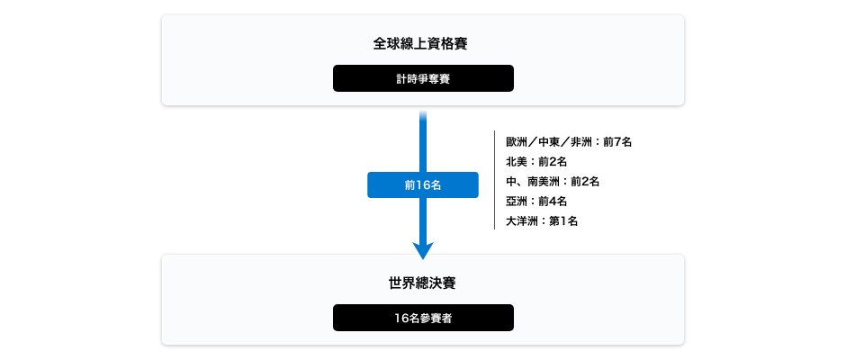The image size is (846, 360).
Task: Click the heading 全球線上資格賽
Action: (x=422, y=43)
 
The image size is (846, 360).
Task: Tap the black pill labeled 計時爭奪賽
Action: (x=423, y=78)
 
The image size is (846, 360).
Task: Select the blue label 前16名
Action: (x=423, y=184)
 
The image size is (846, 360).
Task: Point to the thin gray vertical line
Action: (x=495, y=180)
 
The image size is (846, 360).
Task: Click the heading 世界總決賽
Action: (x=422, y=283)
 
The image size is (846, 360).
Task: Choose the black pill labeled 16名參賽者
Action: (x=423, y=318)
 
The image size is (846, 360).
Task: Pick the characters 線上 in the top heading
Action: (x=414, y=43)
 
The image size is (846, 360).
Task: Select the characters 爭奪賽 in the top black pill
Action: (x=434, y=78)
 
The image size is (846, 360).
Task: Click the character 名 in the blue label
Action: (x=436, y=184)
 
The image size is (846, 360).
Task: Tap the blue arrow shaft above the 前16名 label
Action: (x=423, y=139)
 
